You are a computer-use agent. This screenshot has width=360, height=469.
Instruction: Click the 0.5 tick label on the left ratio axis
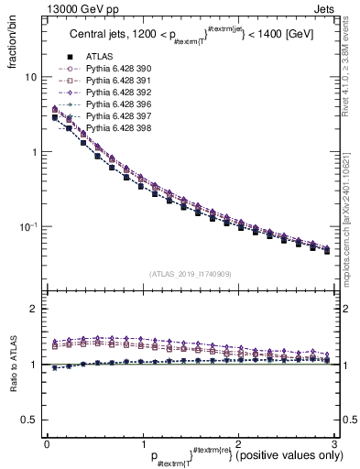[27, 420]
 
